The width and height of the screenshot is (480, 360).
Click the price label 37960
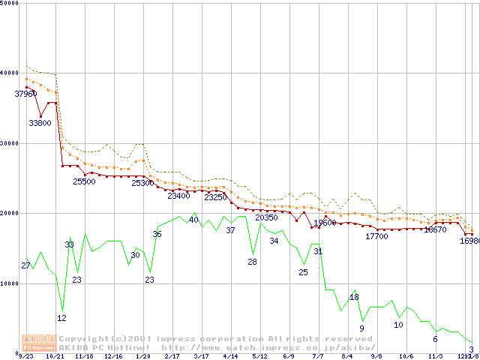[25, 94]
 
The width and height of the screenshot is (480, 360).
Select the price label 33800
[40, 123]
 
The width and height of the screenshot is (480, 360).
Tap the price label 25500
[84, 181]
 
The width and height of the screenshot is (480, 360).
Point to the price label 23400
[178, 196]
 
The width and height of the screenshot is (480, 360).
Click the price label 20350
[266, 217]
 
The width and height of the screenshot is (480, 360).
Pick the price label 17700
[376, 236]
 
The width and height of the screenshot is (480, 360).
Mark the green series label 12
[61, 318]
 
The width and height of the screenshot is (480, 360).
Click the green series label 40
[193, 220]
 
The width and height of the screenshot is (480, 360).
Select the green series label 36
[157, 234]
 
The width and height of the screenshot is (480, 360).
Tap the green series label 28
[252, 262]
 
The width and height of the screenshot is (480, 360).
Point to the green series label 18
[354, 297]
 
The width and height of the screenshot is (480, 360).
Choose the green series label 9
[361, 328]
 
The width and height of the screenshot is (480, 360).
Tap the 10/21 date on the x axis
[55, 357]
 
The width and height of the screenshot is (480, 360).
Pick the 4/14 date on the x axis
[230, 357]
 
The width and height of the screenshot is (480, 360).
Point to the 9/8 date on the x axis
[376, 357]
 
